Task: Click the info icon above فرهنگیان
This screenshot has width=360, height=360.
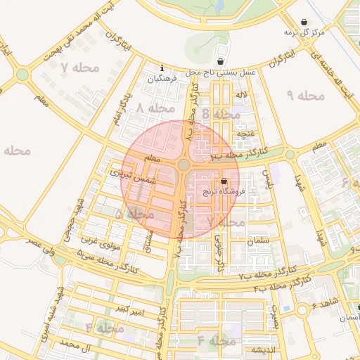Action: (162, 68)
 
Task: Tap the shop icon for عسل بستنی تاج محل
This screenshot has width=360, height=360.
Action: (221, 62)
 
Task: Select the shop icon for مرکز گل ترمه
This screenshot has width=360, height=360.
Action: (304, 22)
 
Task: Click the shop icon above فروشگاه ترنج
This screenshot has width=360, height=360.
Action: (224, 181)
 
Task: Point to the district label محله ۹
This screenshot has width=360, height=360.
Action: (306, 95)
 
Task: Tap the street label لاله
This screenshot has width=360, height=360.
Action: (241, 94)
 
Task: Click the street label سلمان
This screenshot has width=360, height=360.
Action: (259, 240)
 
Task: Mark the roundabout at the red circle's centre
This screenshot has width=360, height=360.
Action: (184, 165)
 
